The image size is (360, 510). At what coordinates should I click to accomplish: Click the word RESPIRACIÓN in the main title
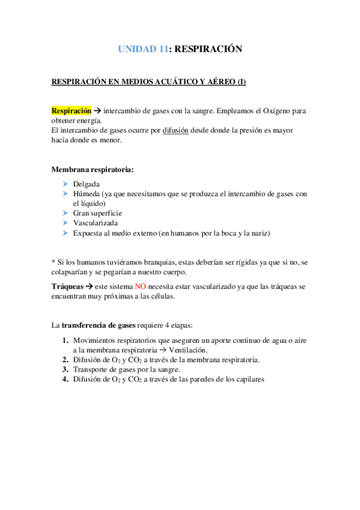click(x=207, y=50)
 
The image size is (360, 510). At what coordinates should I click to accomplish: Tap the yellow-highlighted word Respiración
click(x=72, y=111)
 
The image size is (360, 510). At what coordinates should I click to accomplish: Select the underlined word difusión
click(x=175, y=131)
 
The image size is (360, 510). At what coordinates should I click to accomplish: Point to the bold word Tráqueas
click(x=67, y=287)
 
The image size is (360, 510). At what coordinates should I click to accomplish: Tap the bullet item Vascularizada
click(x=96, y=223)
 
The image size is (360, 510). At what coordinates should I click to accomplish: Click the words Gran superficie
click(x=97, y=213)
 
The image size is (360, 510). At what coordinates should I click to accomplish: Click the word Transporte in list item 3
click(x=91, y=369)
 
